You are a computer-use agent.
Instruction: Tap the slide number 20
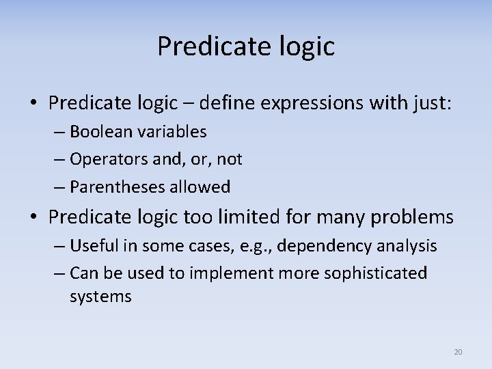pyautogui.click(x=458, y=352)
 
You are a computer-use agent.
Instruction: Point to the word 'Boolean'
pyautogui.click(x=98, y=131)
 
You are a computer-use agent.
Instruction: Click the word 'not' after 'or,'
pyautogui.click(x=230, y=159)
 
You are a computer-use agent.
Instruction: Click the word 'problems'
pyautogui.click(x=413, y=217)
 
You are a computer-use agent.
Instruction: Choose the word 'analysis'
pyautogui.click(x=409, y=245)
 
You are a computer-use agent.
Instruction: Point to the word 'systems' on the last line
pyautogui.click(x=100, y=297)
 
